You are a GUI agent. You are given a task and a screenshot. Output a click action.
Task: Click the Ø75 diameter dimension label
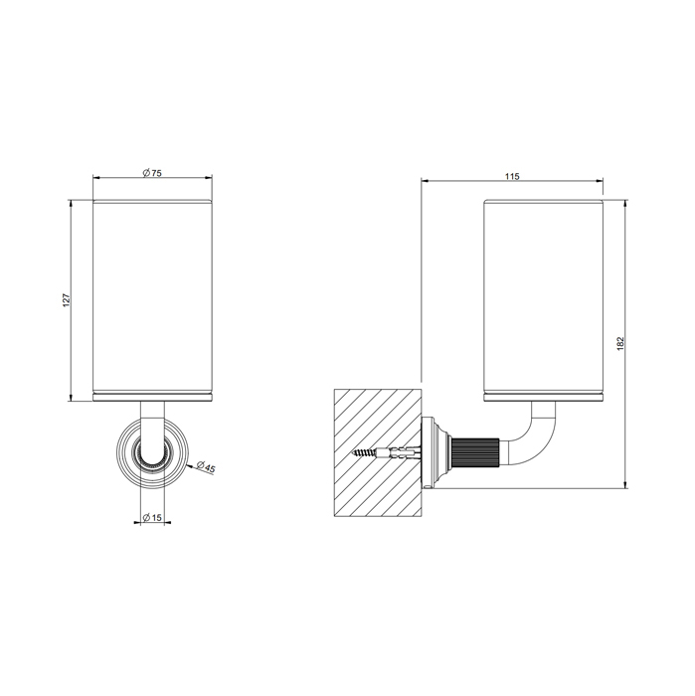151,173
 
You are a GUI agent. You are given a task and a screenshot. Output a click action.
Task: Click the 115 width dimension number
511,176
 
